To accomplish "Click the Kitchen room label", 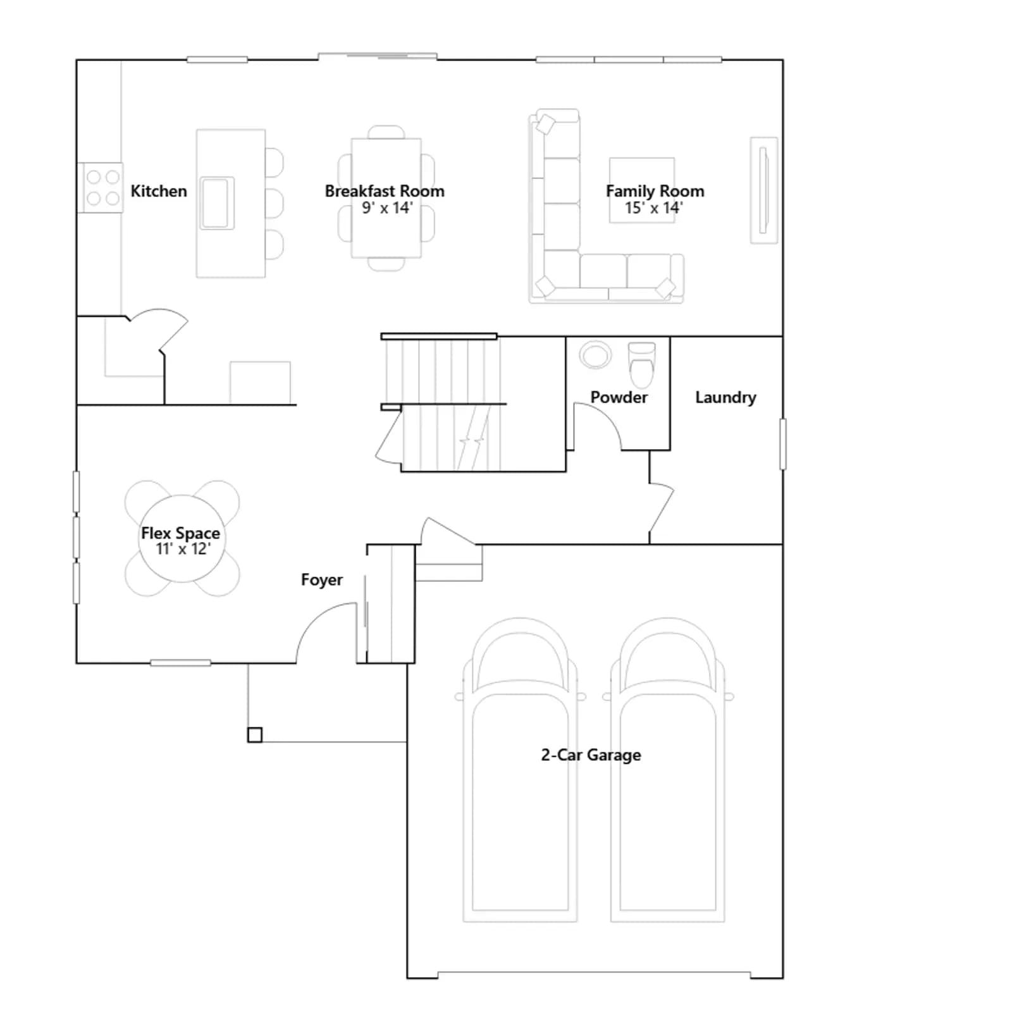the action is click(159, 191).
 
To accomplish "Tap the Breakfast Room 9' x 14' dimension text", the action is click(387, 208).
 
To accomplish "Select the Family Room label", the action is click(655, 191).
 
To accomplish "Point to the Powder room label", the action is click(619, 397).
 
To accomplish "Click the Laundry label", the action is click(725, 398).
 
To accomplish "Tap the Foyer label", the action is click(321, 580).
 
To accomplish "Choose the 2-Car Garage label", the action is click(591, 755).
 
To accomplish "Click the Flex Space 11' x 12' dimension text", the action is click(183, 549).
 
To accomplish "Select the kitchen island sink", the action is click(217, 203).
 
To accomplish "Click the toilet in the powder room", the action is click(642, 364).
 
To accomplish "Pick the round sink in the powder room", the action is click(595, 355).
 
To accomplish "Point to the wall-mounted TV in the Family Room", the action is click(764, 190).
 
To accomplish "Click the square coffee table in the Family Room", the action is click(641, 190).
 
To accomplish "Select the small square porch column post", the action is click(255, 735).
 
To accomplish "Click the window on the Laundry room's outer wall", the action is click(783, 444).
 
